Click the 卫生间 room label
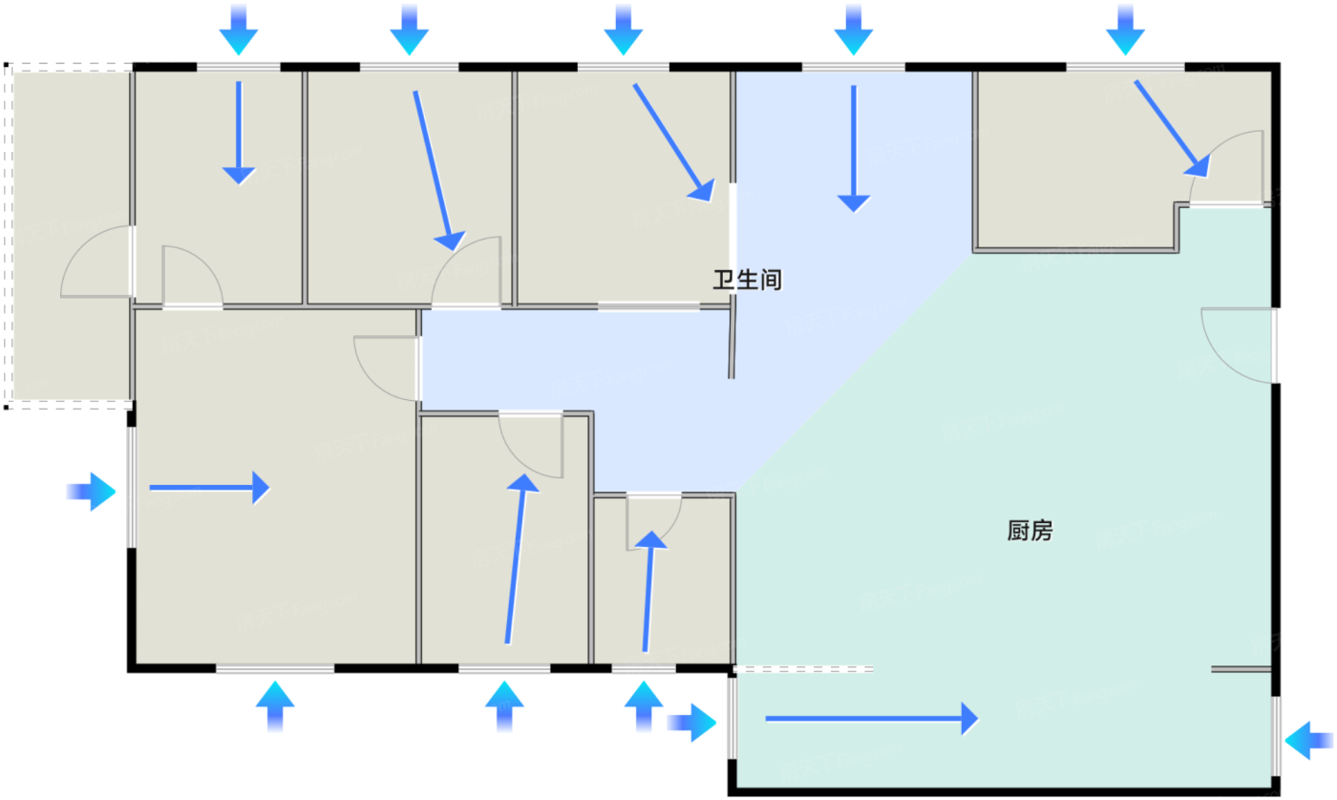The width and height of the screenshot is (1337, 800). tap(748, 280)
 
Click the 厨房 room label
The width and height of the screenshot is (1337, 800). tap(1029, 531)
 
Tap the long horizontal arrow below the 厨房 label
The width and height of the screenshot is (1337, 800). tap(871, 718)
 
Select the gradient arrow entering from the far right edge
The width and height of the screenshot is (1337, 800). tap(1308, 739)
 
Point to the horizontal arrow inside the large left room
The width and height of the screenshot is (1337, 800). tap(209, 488)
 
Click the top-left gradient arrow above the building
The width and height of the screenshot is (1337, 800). tap(239, 29)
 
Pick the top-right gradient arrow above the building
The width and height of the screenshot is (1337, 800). tap(1125, 29)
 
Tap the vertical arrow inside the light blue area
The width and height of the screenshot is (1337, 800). tap(854, 147)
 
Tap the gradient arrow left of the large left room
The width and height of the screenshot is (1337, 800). tap(92, 492)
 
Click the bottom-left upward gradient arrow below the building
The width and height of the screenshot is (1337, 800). tap(275, 706)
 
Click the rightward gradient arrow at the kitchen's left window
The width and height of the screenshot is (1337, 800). tap(691, 723)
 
